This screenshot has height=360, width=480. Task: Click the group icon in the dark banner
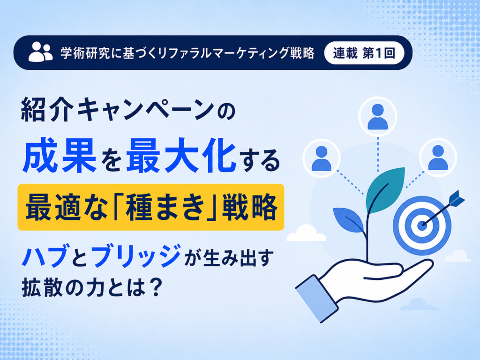41,52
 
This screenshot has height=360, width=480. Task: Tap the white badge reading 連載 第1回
364,53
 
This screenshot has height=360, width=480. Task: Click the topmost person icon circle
378,117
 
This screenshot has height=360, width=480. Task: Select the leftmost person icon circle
322,158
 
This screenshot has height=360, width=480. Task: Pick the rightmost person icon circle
438,157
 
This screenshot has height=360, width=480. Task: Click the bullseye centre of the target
422,226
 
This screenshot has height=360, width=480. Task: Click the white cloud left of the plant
306,233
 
